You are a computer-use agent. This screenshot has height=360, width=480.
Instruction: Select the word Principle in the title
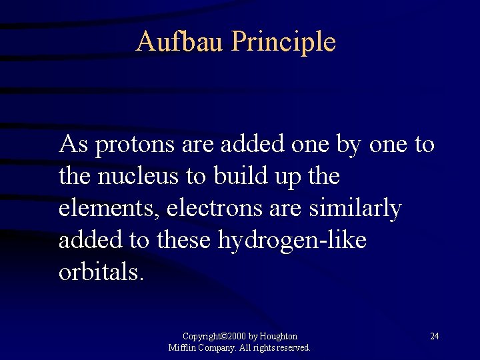[284, 42]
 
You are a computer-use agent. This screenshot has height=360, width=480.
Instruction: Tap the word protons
[133, 145]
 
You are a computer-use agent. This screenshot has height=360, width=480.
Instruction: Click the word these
[185, 241]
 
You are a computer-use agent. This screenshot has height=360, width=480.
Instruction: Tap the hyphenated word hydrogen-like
[292, 241]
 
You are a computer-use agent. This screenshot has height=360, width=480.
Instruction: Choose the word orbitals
[101, 273]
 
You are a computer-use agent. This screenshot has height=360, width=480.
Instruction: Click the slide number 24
[434, 336]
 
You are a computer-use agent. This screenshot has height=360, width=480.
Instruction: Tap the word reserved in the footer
[291, 347]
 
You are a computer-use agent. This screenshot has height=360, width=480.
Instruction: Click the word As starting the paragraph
[73, 145]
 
